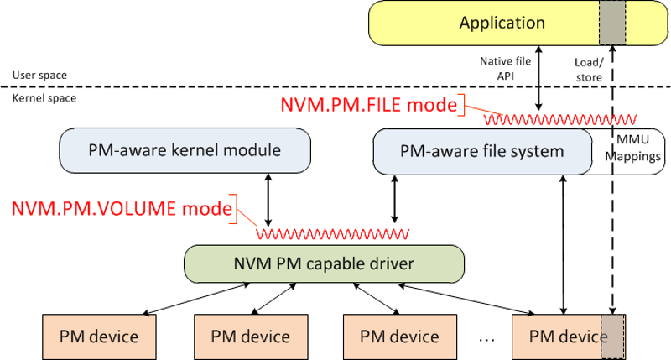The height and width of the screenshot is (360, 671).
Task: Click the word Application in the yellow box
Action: (x=502, y=23)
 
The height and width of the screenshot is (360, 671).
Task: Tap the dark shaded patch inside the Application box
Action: (x=612, y=23)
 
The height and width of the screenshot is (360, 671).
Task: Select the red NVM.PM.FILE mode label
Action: (x=369, y=106)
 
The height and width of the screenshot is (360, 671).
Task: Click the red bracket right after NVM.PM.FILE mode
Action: (x=463, y=106)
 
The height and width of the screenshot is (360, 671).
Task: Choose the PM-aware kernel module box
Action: (x=185, y=151)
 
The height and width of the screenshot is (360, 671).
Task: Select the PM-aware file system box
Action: (x=482, y=152)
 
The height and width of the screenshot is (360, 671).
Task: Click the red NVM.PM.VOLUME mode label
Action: (x=121, y=209)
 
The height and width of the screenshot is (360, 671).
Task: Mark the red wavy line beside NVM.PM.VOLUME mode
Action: (x=334, y=232)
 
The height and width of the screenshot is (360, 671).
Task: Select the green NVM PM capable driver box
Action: (x=324, y=263)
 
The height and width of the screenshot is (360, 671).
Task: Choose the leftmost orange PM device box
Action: (x=99, y=337)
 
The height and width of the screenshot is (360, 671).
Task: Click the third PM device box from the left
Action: (x=399, y=337)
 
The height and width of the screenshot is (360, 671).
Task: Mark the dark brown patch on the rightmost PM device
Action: (x=613, y=337)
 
